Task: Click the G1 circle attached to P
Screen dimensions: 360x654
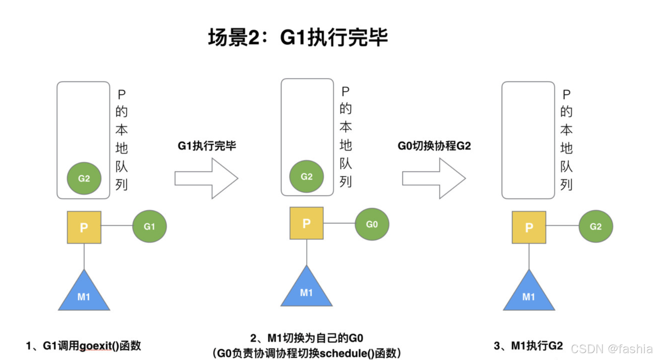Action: pyautogui.click(x=149, y=226)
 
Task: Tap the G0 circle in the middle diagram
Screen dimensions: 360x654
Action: pyautogui.click(x=372, y=224)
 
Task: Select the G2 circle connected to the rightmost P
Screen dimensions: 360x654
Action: pyautogui.click(x=596, y=226)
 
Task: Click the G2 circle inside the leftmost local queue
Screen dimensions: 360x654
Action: pyautogui.click(x=84, y=178)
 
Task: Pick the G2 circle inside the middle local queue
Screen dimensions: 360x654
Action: pyautogui.click(x=306, y=176)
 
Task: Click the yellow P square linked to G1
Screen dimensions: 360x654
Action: pyautogui.click(x=84, y=227)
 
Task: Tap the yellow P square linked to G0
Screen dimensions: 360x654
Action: pyautogui.click(x=306, y=223)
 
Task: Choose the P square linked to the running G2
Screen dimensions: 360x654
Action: pyautogui.click(x=529, y=227)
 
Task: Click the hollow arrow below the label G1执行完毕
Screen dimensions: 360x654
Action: pyautogui.click(x=206, y=178)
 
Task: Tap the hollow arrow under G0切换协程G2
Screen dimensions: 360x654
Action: pyautogui.click(x=434, y=178)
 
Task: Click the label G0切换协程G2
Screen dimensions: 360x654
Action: pyautogui.click(x=434, y=146)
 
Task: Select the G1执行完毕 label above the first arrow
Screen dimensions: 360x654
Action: pyautogui.click(x=207, y=146)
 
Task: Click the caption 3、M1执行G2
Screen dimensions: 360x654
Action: pyautogui.click(x=528, y=346)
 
